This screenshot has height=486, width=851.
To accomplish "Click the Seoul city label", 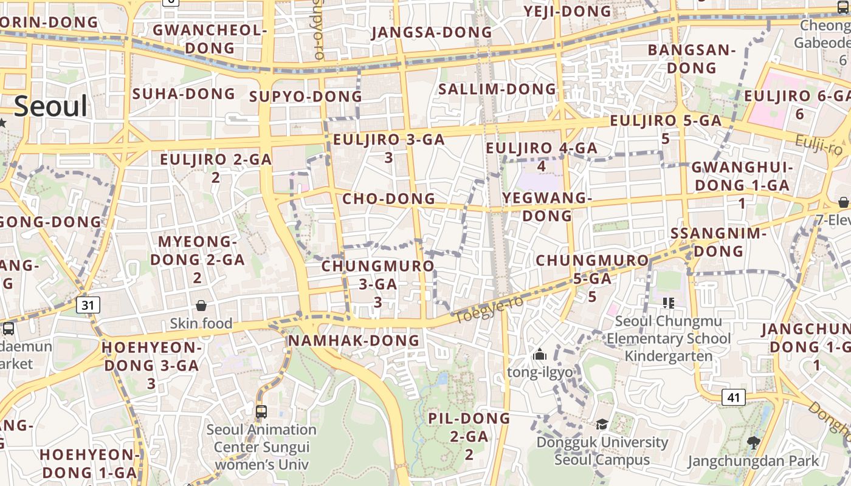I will coord(51,106).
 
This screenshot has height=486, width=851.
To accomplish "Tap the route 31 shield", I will coord(88,305).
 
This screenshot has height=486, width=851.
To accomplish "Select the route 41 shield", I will coord(734,397).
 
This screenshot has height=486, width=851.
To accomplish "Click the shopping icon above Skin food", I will coord(201,306).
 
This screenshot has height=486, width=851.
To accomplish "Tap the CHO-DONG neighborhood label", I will coord(389,199).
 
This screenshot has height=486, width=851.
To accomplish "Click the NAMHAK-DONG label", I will coord(354,340).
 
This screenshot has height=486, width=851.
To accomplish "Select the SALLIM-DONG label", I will coord(497,89).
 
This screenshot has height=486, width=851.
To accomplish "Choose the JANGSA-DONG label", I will coord(432,32).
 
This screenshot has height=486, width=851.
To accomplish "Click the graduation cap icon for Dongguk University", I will coord(602,424).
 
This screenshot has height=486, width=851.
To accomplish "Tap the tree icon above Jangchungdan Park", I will coord(754,442).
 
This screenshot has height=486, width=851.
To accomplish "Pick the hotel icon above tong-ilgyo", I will coord(539,354).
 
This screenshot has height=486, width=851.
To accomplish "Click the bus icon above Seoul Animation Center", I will coord(261,411).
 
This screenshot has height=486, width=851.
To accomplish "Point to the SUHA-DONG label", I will coord(184,94).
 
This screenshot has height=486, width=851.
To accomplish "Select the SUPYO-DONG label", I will coord(306,97).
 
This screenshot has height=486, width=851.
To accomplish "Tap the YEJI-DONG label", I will coord(567,12).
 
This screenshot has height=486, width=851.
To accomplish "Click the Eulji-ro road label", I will coord(819,145).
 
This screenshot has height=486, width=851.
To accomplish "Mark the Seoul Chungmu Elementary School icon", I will coord(669,303).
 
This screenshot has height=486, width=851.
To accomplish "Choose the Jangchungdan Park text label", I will coord(753,461).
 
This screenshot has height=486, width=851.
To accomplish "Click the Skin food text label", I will coord(201,323).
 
